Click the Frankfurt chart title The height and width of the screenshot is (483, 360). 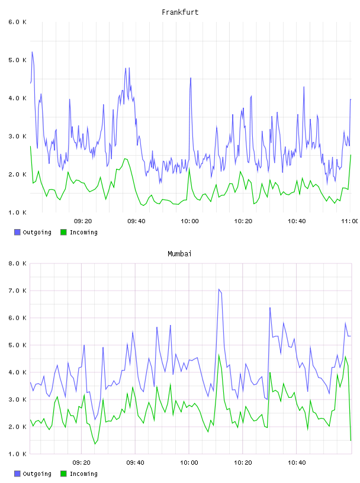[180, 12]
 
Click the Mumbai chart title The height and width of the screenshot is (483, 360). [179, 253]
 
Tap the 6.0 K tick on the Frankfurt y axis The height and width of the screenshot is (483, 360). [17, 22]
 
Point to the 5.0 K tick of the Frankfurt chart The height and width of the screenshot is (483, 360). [17, 60]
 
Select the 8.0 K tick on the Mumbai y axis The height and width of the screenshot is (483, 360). [17, 263]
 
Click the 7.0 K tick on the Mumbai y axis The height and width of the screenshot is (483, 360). [17, 291]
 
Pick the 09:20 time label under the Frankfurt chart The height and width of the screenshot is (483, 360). [83, 221]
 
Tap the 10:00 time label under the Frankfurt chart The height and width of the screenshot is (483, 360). [189, 221]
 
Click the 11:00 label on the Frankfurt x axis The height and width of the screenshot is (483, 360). [350, 221]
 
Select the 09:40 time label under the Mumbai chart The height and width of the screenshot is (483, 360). [136, 462]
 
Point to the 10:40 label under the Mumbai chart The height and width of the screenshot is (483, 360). [297, 462]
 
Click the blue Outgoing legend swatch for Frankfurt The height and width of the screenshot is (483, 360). [17, 232]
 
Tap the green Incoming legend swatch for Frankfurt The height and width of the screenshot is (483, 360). [63, 232]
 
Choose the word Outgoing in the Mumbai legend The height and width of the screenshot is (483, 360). [37, 474]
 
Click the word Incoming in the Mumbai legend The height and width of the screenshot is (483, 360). [83, 474]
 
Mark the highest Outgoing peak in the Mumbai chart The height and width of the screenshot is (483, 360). [219, 289]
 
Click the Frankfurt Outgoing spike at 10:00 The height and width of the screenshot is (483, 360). [191, 78]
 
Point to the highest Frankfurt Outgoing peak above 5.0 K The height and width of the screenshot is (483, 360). [32, 51]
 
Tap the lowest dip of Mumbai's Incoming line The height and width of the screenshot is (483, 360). [95, 444]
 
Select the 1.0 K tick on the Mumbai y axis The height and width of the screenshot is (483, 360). [17, 454]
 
